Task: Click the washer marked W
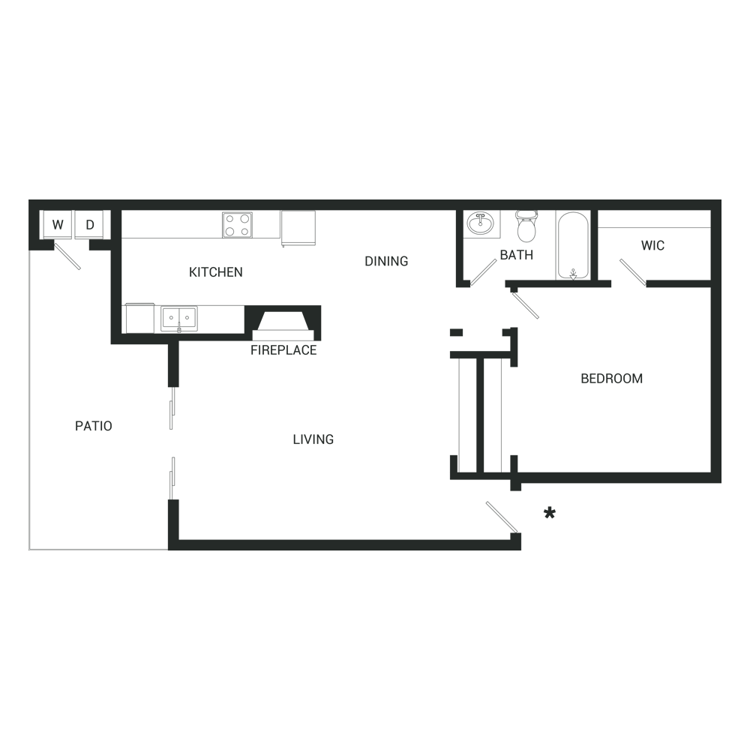[x=57, y=224]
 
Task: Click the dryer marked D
[x=89, y=224]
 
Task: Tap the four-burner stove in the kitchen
[x=237, y=225]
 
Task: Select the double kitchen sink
[x=179, y=318]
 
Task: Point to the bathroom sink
[x=481, y=223]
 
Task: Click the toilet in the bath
[x=526, y=226]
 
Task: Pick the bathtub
[x=573, y=245]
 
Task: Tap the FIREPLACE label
[x=283, y=350]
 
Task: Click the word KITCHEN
[x=216, y=272]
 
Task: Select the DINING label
[x=386, y=261]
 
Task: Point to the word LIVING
[x=313, y=439]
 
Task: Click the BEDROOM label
[x=612, y=378]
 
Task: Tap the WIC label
[x=653, y=246]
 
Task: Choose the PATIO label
[x=94, y=426]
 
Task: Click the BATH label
[x=517, y=255]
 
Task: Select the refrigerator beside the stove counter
[x=298, y=228]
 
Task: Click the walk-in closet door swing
[x=633, y=273]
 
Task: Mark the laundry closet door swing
[x=67, y=256]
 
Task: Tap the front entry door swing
[x=502, y=517]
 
